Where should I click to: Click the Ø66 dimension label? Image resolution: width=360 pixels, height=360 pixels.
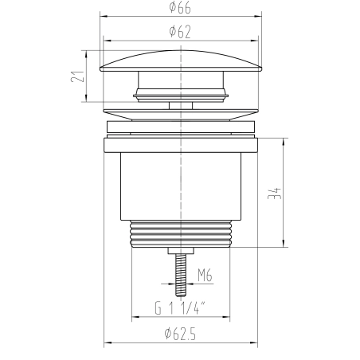180,7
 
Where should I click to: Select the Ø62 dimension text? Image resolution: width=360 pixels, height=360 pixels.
180,32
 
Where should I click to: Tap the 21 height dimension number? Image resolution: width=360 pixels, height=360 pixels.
77,76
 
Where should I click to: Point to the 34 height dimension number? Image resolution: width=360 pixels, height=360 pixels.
275,194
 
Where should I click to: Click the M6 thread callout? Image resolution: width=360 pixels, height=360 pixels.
205,275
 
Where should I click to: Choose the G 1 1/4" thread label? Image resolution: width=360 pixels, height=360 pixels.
181,308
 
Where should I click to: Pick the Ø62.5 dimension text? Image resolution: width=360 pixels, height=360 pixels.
180,334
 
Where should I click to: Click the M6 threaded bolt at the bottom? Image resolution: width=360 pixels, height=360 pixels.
181,275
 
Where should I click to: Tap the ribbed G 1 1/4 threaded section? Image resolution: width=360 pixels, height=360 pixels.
181,234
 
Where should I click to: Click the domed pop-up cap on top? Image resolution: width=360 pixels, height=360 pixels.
181,61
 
